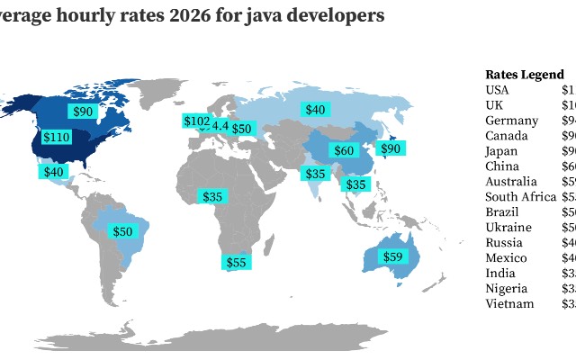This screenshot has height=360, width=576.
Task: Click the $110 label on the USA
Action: point(56,138)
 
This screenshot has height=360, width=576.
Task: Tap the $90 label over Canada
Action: point(83,112)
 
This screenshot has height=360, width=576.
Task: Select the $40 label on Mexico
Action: point(54,171)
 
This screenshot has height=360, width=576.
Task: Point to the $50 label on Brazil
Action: point(122,231)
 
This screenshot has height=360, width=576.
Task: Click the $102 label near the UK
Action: point(196,121)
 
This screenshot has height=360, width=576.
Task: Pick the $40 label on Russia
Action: point(315,110)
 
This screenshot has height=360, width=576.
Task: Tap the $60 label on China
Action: point(344,150)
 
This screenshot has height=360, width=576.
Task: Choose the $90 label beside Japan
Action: point(391,148)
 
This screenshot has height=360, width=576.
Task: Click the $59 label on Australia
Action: point(393,256)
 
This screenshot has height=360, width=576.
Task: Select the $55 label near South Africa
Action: point(236,262)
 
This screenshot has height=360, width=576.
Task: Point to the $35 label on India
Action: point(315,174)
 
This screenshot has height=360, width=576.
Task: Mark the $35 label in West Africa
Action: point(212,196)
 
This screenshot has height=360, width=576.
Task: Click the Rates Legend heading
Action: point(525,75)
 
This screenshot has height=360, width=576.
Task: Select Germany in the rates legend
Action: point(511,121)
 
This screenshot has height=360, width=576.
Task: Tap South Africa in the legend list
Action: point(519,197)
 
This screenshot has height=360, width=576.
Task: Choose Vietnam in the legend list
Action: point(509,303)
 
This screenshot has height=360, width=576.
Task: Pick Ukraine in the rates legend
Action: point(508,228)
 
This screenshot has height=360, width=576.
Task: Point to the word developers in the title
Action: point(336,15)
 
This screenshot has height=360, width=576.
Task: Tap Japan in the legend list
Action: point(501,151)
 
